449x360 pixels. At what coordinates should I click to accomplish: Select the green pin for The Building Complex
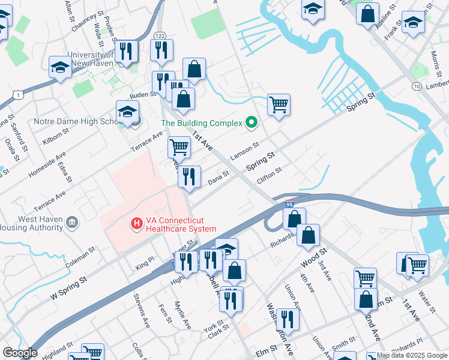coord(252,123)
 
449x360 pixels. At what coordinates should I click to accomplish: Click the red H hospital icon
coord(136,224)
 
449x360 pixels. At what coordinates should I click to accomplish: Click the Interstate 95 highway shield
coord(289,204)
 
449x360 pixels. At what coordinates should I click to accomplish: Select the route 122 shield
coord(159,36)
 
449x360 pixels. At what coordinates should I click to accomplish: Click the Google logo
coord(19,353)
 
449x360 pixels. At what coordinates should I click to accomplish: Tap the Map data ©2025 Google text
coord(412,355)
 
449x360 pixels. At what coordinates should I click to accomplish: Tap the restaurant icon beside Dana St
coord(189,176)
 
